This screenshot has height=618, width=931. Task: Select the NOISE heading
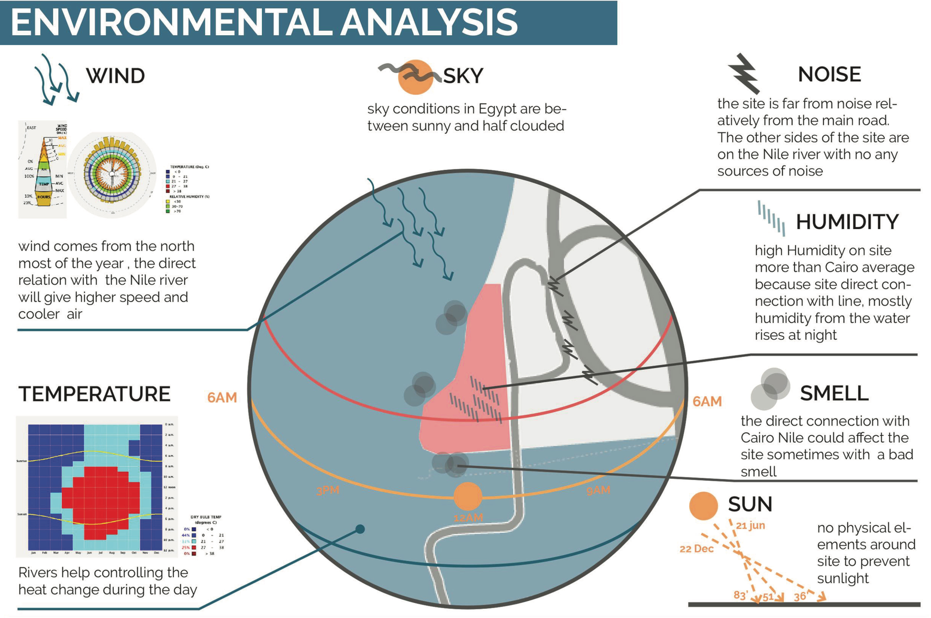[x=829, y=74]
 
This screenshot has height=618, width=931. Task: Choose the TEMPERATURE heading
[x=94, y=394]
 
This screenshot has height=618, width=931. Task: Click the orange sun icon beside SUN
[x=703, y=506]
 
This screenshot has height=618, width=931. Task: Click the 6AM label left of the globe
[x=222, y=398]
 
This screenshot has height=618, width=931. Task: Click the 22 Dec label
[x=696, y=549]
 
